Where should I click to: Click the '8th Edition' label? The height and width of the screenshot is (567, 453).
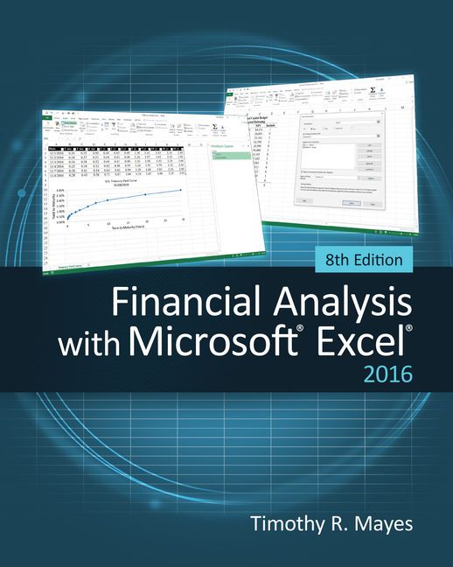click(x=359, y=260)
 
